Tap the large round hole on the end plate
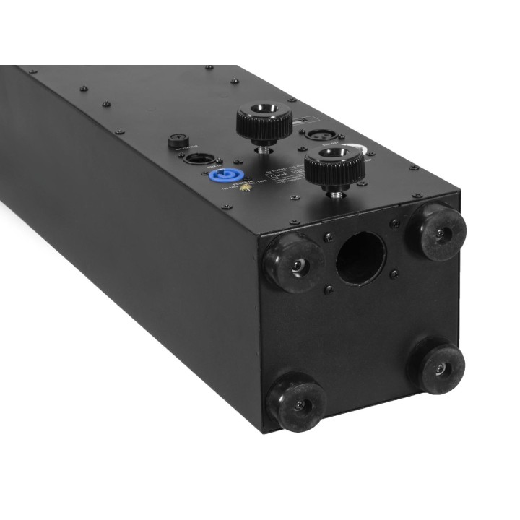[x=361, y=259]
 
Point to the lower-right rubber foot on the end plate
[x=438, y=368]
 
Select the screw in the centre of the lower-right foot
[x=440, y=370]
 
